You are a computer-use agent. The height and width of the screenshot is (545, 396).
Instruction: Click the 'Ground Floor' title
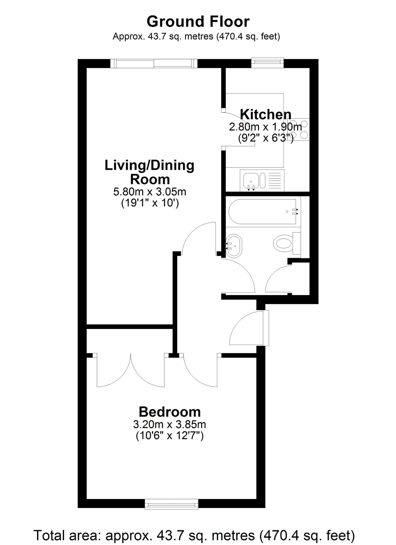[x=198, y=22]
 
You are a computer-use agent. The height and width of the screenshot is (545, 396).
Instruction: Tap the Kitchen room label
[x=266, y=114]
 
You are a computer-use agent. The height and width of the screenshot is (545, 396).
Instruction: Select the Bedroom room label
[x=170, y=412]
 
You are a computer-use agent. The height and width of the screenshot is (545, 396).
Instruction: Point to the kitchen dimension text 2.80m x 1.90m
[x=266, y=127]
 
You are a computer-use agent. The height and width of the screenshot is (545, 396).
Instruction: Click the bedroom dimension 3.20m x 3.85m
[x=170, y=424]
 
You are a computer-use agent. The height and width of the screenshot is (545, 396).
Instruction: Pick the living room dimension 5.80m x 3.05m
[x=150, y=192]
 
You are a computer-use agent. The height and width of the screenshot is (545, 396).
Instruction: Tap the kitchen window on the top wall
[x=267, y=63]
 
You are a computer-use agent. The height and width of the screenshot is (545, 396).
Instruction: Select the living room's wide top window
[x=154, y=63]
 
